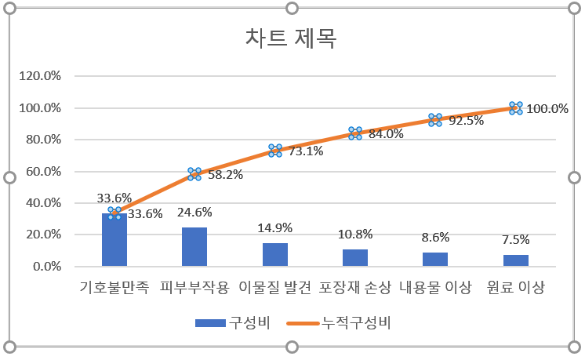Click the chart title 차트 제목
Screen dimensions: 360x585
(x=292, y=38)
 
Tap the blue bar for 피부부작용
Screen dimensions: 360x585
(x=194, y=247)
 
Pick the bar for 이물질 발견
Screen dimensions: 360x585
(x=274, y=255)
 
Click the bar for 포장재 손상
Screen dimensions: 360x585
(x=354, y=258)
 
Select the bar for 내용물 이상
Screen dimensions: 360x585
(x=435, y=260)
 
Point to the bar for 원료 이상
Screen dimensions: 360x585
(x=515, y=260)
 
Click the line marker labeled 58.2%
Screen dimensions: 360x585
(x=194, y=174)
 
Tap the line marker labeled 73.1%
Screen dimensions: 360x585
(x=274, y=151)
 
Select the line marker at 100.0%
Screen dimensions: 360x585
(x=515, y=108)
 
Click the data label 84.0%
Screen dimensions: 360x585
(x=386, y=134)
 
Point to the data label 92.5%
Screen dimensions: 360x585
(x=466, y=121)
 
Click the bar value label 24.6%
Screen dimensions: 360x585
(x=194, y=212)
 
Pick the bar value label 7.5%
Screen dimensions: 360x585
(x=515, y=240)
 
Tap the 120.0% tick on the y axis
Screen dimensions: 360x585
(x=45, y=77)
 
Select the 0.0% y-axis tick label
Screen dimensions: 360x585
(x=50, y=267)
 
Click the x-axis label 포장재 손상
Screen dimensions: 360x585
(x=354, y=288)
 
